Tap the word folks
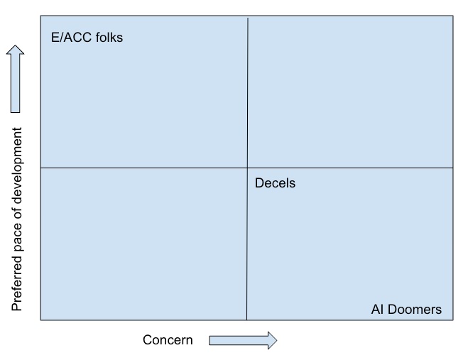[x=109, y=38]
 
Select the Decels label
[x=275, y=183]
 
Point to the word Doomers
[x=415, y=310]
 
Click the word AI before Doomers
[x=378, y=310]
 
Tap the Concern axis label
[x=168, y=340]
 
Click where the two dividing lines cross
[x=247, y=168]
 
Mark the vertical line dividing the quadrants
[x=247, y=169]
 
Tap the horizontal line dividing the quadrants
[x=247, y=168]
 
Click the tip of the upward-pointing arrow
[x=15, y=45]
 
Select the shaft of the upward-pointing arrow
[x=15, y=83]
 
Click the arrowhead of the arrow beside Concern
[x=272, y=340]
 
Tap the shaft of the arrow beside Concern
[x=239, y=340]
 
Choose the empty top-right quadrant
[x=350, y=92]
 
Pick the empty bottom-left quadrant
[x=144, y=244]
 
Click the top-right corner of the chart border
[x=453, y=16]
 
